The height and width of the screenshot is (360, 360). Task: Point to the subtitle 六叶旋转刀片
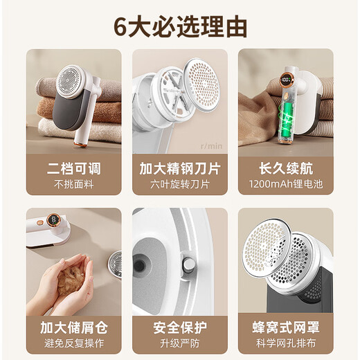pos(179,185)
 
